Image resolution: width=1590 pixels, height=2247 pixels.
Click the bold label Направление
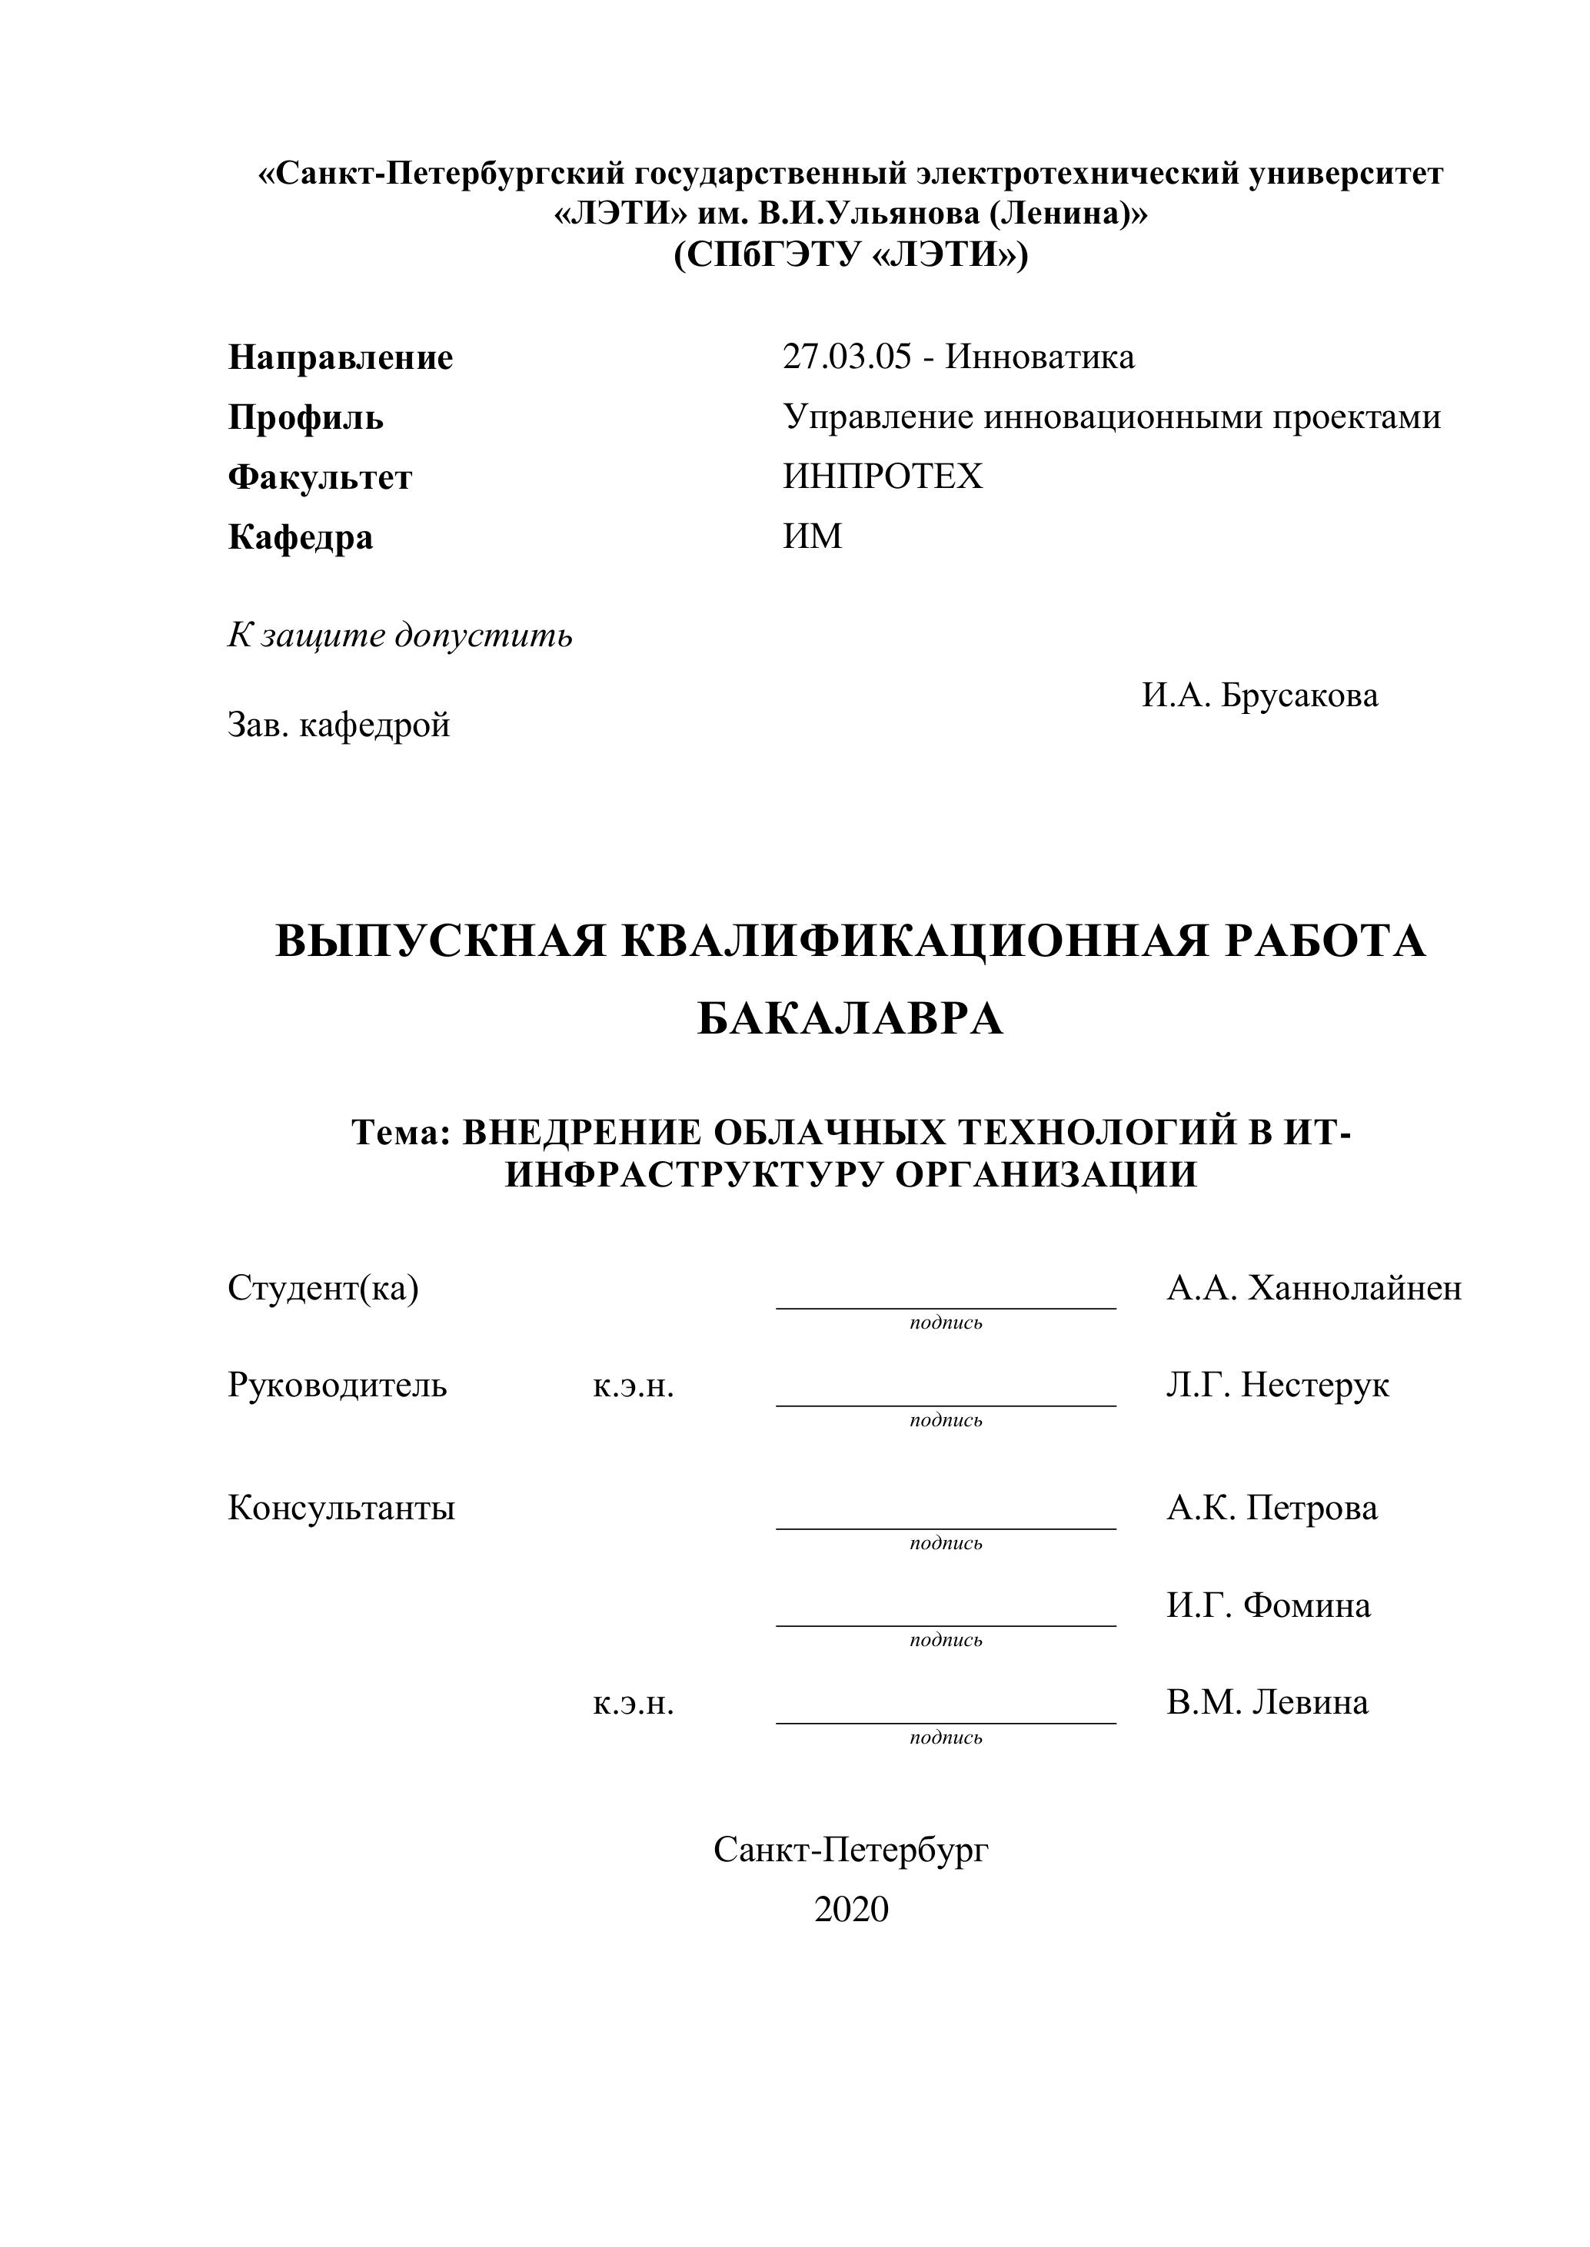(341, 358)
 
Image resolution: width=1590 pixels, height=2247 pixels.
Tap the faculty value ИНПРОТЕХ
(882, 476)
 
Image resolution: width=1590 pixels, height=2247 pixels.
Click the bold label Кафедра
(301, 537)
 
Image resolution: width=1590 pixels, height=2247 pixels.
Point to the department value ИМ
(813, 536)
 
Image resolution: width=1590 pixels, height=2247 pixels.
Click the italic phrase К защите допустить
(401, 636)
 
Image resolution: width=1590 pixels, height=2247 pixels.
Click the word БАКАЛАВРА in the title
(850, 1020)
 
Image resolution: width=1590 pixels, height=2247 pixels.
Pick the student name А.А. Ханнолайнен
(1314, 1289)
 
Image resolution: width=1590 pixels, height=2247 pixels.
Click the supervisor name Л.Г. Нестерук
(1277, 1386)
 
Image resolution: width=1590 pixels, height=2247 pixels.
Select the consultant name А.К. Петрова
(1271, 1508)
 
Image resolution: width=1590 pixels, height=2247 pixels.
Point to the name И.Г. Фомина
(1268, 1605)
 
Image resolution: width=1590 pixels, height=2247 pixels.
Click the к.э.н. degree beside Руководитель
(634, 1387)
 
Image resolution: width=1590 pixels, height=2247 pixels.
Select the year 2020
(851, 1910)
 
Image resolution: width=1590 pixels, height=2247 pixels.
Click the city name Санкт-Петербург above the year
(851, 1850)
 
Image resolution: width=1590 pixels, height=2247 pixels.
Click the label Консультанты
(341, 1508)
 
